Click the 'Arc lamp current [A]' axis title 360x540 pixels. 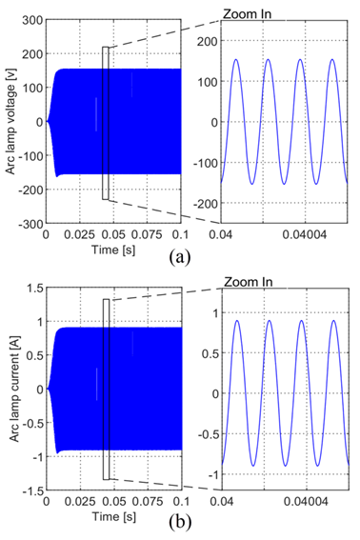13,389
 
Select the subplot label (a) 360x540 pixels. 180,257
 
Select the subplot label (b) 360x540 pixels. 180,523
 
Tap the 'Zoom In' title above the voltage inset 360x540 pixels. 248,14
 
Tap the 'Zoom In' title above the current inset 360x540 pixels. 249,282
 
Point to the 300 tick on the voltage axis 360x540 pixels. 32,20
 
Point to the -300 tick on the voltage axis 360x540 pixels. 30,224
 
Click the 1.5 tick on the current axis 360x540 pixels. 34,288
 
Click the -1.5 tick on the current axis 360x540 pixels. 32,490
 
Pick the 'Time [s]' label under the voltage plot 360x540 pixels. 113,250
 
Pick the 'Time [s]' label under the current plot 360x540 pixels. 113,516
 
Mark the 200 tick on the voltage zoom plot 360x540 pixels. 209,41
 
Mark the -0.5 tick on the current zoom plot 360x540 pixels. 210,434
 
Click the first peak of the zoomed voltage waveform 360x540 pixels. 236,59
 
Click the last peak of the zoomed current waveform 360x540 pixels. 333,320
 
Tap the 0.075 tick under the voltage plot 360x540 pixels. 147,235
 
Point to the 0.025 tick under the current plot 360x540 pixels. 80,502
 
